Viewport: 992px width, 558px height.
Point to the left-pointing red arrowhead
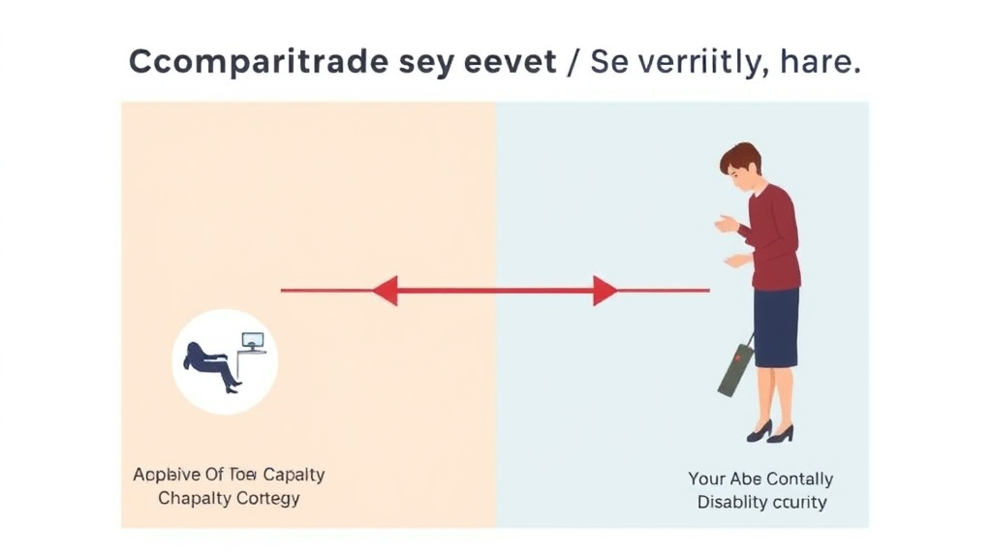point(386,290)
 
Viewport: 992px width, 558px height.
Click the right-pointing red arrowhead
point(604,290)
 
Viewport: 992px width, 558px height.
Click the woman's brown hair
point(741,158)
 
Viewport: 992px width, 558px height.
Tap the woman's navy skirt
point(776,326)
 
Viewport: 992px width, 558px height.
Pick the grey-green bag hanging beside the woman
point(736,369)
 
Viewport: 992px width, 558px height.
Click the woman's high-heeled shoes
point(771,431)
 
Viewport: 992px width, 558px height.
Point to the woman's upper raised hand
point(726,225)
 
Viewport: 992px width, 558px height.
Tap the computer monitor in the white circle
point(253,341)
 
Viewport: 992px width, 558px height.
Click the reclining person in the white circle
point(208,362)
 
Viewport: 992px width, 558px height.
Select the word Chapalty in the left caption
point(194,499)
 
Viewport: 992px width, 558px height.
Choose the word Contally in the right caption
point(799,479)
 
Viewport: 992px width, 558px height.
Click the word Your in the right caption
point(707,479)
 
